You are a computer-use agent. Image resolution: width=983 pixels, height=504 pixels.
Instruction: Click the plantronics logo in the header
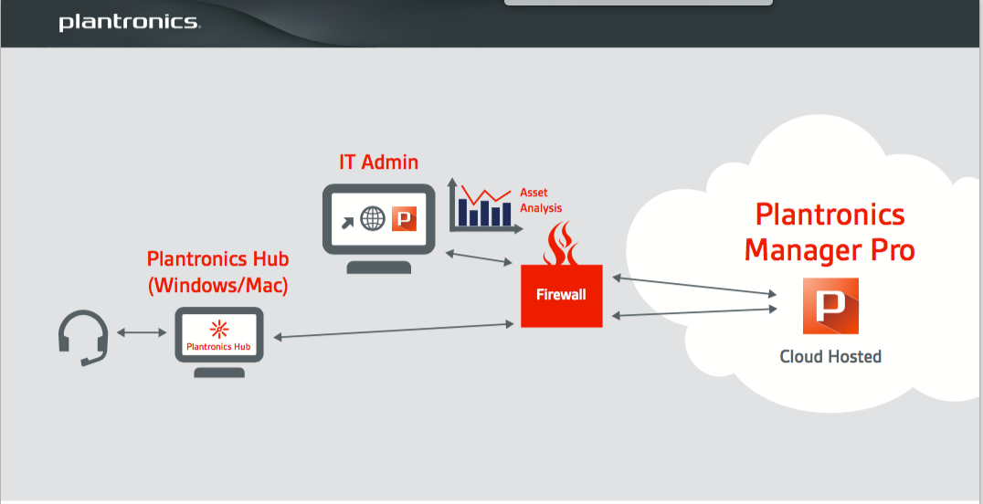coord(129,22)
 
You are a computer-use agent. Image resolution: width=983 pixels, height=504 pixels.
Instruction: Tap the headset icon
coord(82,336)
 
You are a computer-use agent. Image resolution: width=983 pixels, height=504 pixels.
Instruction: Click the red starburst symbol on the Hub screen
coord(219,329)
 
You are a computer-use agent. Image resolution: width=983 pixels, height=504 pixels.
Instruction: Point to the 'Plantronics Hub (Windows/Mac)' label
coord(218,272)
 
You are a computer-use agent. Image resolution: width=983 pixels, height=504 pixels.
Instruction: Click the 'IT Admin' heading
coord(378,163)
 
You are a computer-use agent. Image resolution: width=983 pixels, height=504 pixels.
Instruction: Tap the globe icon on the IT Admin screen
coord(373,219)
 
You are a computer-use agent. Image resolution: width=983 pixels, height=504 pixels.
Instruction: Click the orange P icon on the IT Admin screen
coord(404,219)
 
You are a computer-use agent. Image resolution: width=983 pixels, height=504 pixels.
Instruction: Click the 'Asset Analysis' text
coord(541,200)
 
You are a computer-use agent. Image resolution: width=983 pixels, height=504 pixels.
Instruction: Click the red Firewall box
coord(562,295)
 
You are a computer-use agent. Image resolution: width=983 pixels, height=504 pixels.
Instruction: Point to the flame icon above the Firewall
coord(560,244)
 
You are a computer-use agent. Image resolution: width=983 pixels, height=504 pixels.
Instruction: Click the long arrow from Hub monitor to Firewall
coord(393,331)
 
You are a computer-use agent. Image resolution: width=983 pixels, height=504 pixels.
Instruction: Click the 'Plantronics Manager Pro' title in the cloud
coord(830,232)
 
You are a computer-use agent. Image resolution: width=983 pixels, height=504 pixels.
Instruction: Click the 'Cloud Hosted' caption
coord(830,356)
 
